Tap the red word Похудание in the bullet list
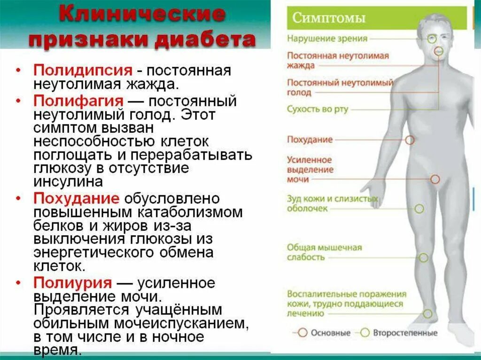click(76, 199)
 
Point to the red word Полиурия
click(72, 283)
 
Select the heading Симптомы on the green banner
click(329, 19)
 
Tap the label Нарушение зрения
click(327, 39)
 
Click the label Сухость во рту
click(318, 109)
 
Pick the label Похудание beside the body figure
click(310, 139)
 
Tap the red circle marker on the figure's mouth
click(439, 51)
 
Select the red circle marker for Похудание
click(410, 140)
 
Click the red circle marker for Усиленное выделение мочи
click(435, 179)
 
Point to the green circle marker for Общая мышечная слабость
click(423, 258)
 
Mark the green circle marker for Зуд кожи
click(419, 208)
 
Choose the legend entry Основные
click(331, 333)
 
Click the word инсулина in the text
click(68, 182)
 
